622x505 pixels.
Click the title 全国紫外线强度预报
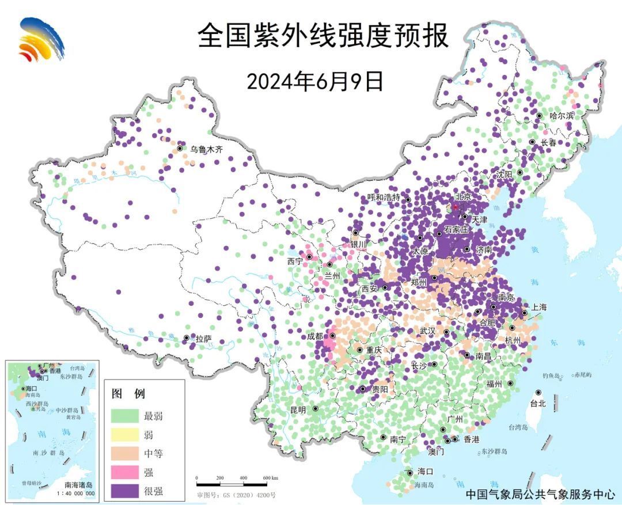point(323,36)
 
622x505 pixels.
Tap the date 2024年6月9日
point(315,81)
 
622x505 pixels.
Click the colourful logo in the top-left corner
point(41,40)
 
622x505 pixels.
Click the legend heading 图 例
point(127,394)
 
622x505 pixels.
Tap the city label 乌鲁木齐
point(206,149)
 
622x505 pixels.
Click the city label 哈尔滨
point(562,116)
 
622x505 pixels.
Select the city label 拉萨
point(203,339)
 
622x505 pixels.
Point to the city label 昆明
point(298,410)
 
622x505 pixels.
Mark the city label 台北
point(537,404)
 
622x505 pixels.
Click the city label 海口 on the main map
point(424,472)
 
